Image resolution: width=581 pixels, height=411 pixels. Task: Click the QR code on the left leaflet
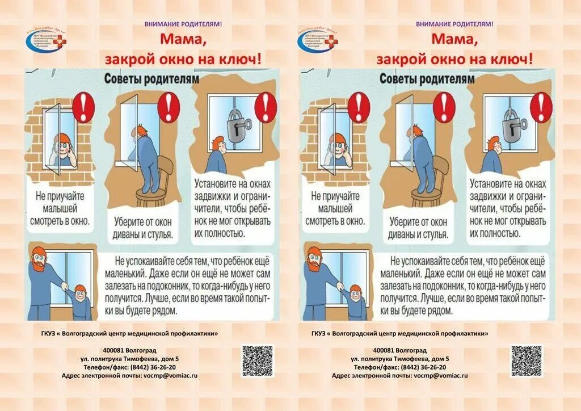click(257, 361)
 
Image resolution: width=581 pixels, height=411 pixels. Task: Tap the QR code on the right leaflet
click(526, 361)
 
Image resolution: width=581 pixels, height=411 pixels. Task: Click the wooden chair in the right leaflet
click(428, 182)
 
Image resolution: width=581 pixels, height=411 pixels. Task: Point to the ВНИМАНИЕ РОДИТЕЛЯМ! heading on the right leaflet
click(454, 24)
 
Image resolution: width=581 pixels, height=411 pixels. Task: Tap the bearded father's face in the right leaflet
click(314, 261)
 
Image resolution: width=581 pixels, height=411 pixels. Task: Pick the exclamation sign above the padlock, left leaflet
click(265, 106)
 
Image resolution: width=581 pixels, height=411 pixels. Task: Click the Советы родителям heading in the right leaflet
click(427, 79)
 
